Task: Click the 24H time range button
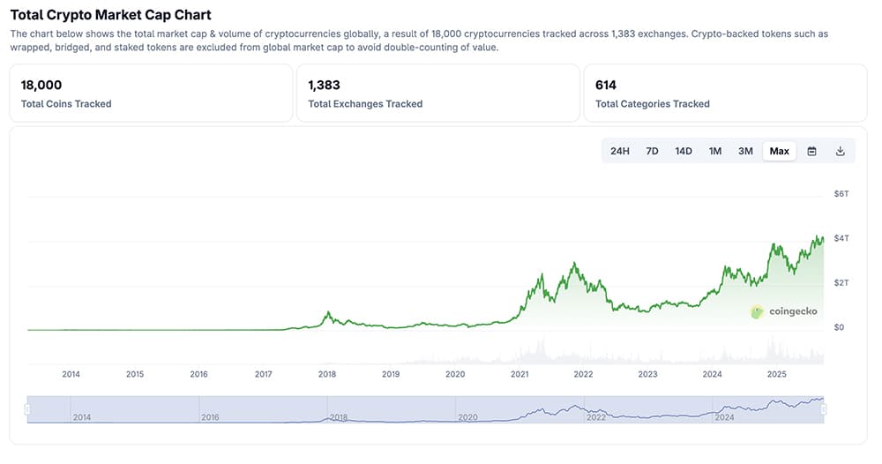pos(620,151)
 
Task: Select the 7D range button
pos(653,151)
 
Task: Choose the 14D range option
pos(684,151)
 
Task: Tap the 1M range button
pos(715,151)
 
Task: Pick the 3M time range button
pos(745,151)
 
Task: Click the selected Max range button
pos(779,151)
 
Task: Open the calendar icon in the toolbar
pos(812,151)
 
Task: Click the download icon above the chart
pos(841,151)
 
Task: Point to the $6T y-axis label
pos(841,193)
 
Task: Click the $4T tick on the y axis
pos(841,238)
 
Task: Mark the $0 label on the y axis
pos(839,327)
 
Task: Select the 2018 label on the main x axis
pos(327,374)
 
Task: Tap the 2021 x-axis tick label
pos(519,374)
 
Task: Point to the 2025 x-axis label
pos(776,374)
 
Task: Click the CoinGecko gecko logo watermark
pos(757,311)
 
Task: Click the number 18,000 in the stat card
pos(41,86)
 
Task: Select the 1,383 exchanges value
pos(324,86)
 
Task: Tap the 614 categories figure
pos(606,86)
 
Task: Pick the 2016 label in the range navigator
pos(210,417)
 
